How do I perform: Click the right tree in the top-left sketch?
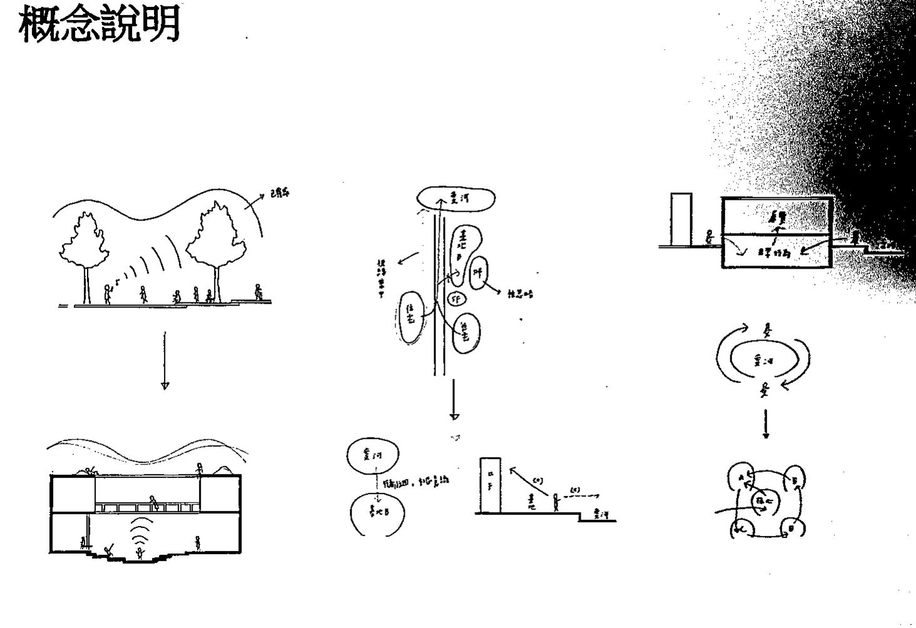[x=216, y=241]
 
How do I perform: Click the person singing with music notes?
[x=108, y=294]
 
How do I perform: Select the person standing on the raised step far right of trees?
[x=257, y=292]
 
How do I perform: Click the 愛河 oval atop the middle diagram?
[x=455, y=199]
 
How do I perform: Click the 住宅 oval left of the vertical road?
[x=412, y=317]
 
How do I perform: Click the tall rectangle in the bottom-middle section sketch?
[x=489, y=485]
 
